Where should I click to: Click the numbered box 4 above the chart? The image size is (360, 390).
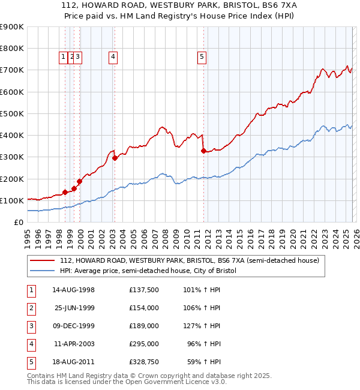113,57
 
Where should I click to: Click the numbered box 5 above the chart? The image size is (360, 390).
202,57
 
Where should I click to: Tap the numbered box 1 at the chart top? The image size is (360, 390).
64,57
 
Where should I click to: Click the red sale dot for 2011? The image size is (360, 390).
203,151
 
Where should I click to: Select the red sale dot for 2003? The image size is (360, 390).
115,158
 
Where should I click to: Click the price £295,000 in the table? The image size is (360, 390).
144,344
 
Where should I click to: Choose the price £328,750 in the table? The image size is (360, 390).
144,362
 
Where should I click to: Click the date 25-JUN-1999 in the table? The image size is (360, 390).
74,308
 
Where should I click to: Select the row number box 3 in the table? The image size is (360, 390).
31,326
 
